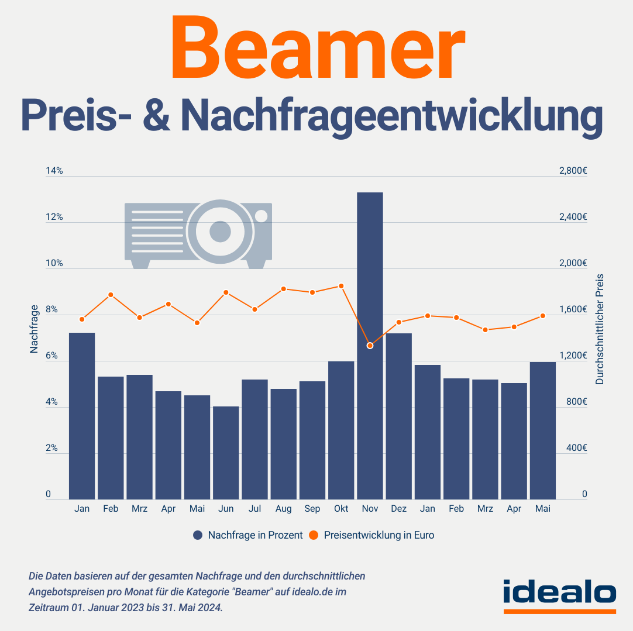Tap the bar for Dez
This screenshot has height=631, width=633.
[x=398, y=416]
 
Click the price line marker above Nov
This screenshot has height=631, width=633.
[x=370, y=346]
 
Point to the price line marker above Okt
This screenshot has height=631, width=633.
[x=341, y=286]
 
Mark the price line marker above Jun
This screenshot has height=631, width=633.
[x=226, y=292]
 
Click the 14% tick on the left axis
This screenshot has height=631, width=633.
[x=54, y=171]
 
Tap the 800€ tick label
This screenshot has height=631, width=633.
[x=576, y=402]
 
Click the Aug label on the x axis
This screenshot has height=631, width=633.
[x=283, y=509]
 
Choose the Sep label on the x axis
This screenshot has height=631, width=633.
[x=312, y=509]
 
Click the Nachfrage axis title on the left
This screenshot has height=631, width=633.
[x=34, y=329]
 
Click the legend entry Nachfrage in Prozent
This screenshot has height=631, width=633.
[x=255, y=535]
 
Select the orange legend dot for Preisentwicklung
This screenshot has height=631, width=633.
[x=314, y=535]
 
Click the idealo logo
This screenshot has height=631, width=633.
[x=559, y=592]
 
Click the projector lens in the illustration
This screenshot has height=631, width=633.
[x=220, y=232]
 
